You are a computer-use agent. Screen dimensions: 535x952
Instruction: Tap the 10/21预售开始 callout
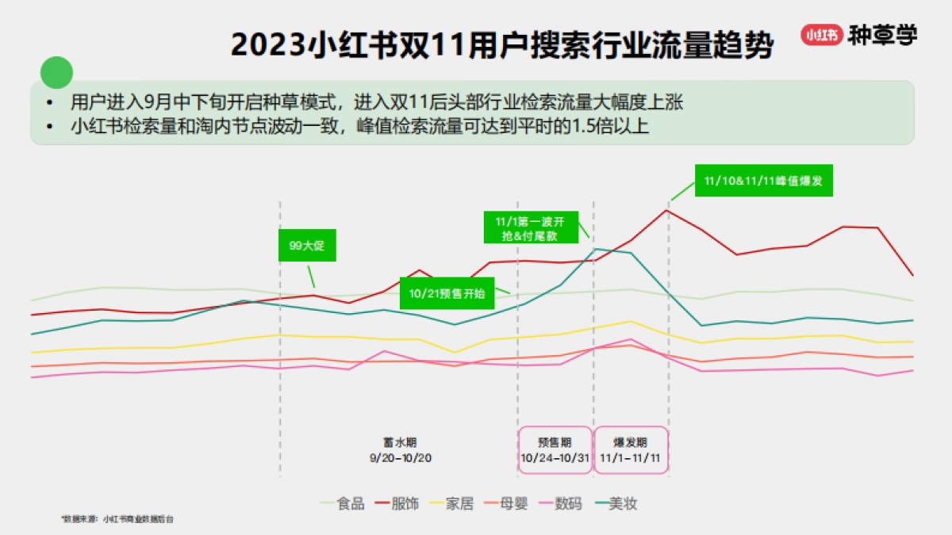[x=446, y=292]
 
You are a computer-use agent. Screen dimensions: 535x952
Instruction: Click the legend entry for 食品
[x=342, y=503]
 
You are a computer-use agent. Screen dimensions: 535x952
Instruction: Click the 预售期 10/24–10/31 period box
[x=555, y=451]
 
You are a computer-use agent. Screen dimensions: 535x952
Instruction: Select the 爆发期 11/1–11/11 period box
[x=631, y=451]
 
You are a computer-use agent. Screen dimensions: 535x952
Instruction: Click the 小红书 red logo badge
[x=821, y=36]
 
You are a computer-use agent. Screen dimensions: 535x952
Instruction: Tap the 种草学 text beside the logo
[x=882, y=36]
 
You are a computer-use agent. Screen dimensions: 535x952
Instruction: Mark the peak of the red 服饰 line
[x=666, y=210]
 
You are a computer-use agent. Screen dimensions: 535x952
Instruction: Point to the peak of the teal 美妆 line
[x=595, y=249]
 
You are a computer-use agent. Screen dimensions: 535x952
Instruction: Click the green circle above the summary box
[x=56, y=73]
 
